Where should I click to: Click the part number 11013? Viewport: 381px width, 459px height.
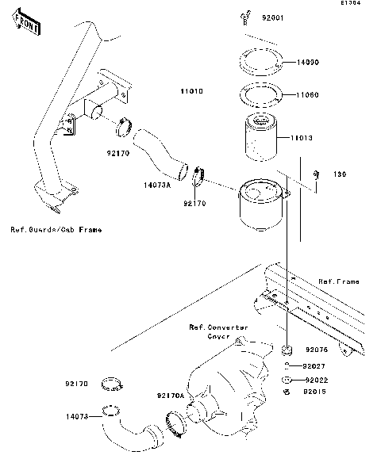click(301, 138)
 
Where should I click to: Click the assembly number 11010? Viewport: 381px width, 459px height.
click(190, 92)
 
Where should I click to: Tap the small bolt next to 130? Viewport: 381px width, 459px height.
click(316, 174)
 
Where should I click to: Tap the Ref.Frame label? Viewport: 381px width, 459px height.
click(338, 281)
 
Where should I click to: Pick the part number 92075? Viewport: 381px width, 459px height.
click(317, 350)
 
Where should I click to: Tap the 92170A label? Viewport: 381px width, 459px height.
click(171, 395)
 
